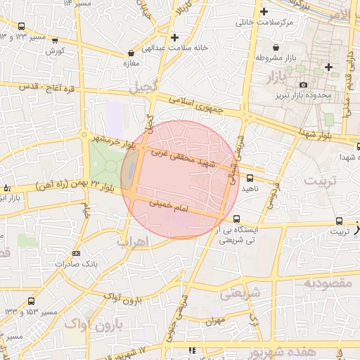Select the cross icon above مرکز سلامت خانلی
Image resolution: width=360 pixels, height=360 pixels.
pos(264,12)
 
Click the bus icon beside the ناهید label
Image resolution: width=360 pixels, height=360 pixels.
pos(250,178)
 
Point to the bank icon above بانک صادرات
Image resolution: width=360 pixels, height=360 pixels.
pos(76,253)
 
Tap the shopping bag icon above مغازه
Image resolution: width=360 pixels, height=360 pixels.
pos(131,53)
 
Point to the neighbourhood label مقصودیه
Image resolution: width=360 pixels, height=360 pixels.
pos(327,283)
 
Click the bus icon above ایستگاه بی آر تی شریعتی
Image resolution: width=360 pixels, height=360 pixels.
pos(237,219)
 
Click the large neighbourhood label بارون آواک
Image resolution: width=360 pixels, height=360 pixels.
pos(94,325)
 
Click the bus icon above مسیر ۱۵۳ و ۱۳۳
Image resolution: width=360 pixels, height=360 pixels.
pos(30,301)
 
